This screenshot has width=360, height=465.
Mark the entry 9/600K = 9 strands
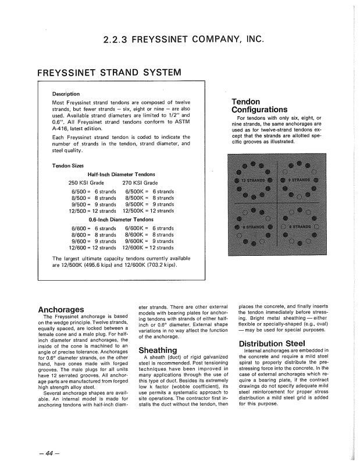148,241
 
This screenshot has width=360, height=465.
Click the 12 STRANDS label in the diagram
251,180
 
